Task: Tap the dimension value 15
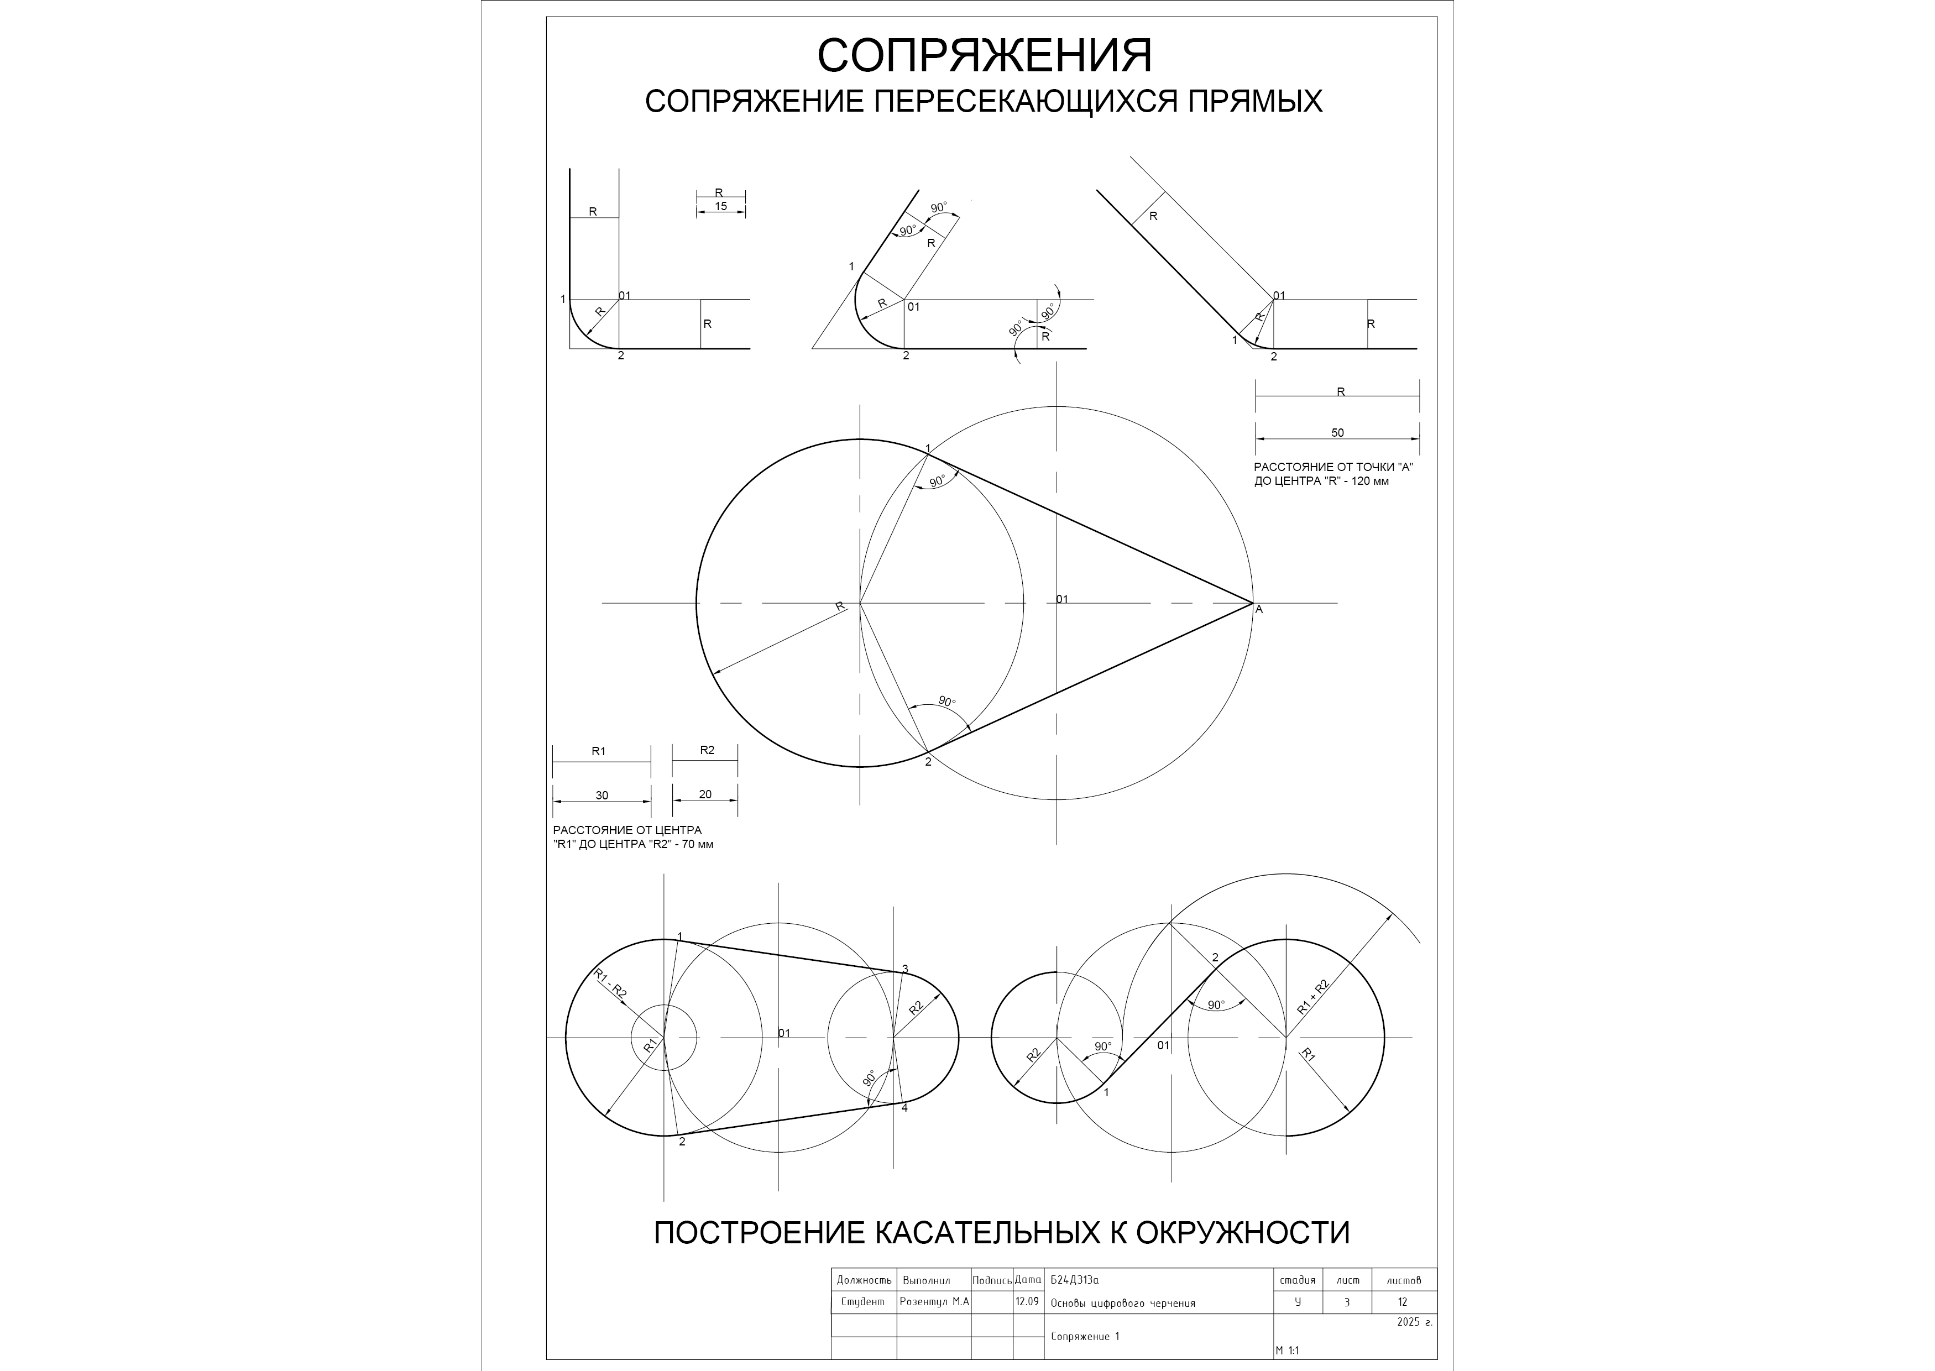click(720, 206)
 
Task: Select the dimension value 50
click(1337, 433)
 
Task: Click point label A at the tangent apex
click(1259, 609)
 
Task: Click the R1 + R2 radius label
click(1313, 996)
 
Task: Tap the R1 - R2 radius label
click(610, 985)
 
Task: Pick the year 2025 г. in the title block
click(1414, 1322)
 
